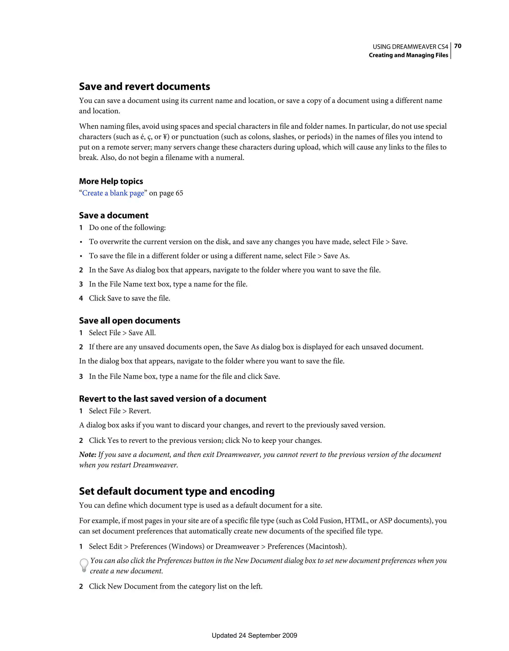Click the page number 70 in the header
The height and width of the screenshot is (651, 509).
(458, 46)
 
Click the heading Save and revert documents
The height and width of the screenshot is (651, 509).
(144, 86)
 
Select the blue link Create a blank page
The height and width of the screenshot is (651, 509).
(113, 193)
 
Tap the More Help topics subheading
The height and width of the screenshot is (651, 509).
(111, 181)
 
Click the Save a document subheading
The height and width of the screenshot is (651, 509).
(114, 215)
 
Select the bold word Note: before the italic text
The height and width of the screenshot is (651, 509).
(88, 454)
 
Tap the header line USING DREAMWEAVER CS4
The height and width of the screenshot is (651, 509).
(410, 47)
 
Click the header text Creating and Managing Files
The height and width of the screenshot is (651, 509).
(408, 55)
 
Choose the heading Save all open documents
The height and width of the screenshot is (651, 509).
(129, 321)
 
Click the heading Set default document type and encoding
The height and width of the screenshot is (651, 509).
(176, 491)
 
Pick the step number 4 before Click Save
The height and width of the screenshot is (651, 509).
(81, 298)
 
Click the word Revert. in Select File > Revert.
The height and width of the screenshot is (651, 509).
(139, 411)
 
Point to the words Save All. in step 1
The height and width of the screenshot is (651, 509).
(142, 333)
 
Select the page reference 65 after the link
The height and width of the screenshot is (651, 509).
(179, 193)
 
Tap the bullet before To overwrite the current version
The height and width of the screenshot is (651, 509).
(81, 242)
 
